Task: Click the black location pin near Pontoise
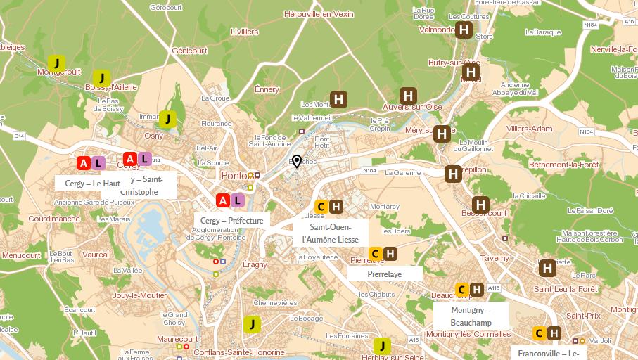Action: coord(297,162)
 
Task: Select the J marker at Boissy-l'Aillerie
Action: coord(101,77)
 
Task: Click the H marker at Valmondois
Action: coord(464,30)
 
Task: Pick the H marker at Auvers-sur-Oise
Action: coord(408,96)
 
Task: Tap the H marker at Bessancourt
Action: coord(480,205)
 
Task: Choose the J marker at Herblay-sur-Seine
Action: coord(382,345)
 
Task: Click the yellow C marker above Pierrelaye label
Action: coord(375,254)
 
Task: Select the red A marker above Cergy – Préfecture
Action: coord(223,201)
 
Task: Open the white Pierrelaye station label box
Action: coord(385,274)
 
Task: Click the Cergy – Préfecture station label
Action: coord(231,221)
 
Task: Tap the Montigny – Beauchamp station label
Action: coord(471,316)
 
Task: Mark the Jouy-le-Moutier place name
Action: coord(139,295)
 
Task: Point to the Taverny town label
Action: coord(495,258)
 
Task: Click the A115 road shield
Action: coord(494,288)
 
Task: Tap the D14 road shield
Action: coord(18,136)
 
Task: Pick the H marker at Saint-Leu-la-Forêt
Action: coord(547,268)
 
